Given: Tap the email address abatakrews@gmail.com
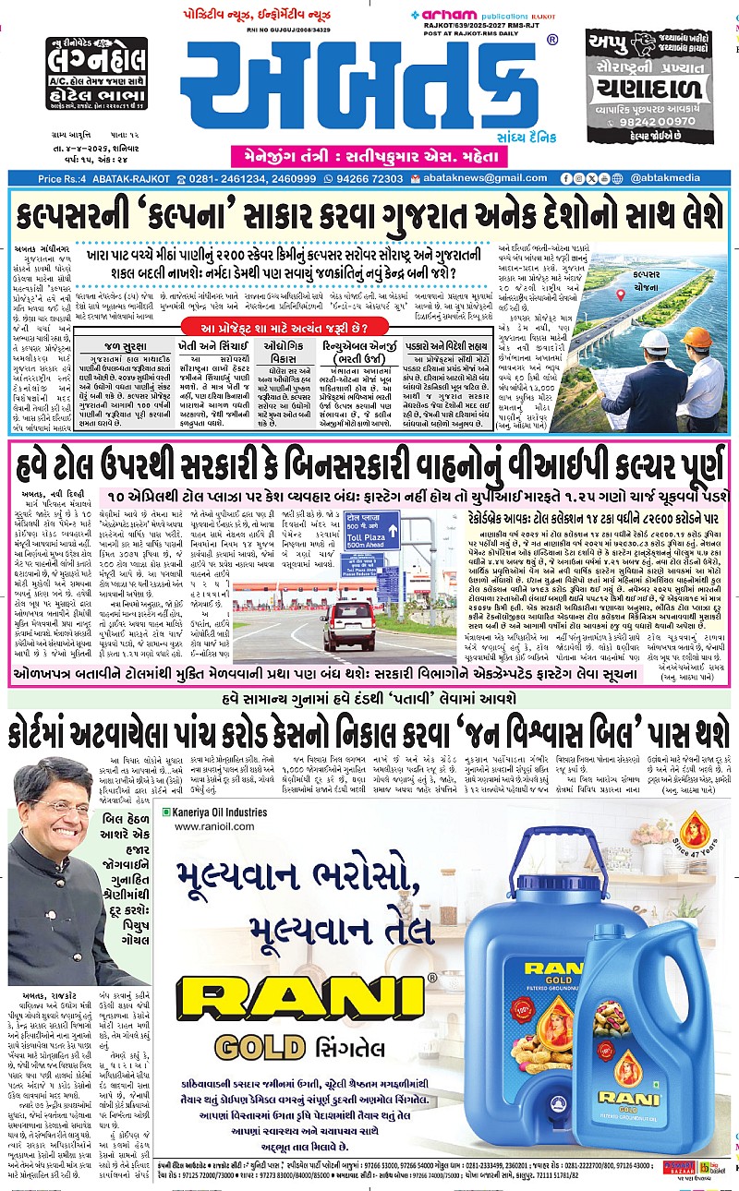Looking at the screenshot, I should pyautogui.click(x=474, y=177).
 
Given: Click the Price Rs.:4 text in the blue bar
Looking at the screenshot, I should pyautogui.click(x=75, y=177).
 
